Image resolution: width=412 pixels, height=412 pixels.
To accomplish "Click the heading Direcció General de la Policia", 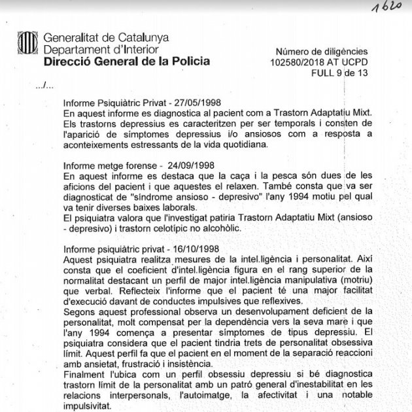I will (127, 62).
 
